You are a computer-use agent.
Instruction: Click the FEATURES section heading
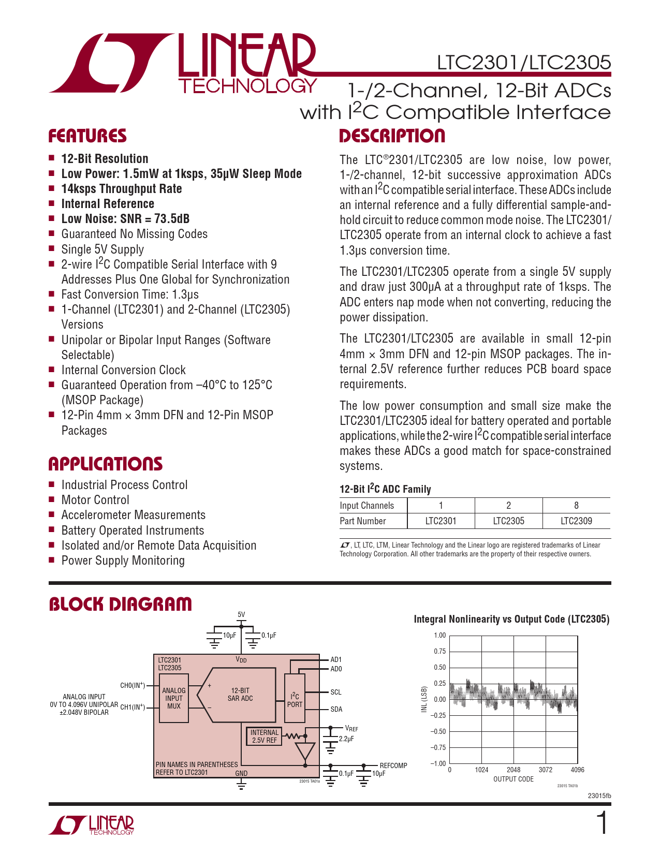87,136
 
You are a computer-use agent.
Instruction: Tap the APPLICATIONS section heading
106,464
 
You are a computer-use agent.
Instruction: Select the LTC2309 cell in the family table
576,521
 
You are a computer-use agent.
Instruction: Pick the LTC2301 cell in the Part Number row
441,521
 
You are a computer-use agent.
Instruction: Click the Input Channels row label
366,506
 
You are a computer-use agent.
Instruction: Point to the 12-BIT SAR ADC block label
240,695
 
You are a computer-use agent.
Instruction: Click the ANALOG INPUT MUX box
174,698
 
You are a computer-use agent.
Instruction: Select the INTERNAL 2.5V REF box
265,736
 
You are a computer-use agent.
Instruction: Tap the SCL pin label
336,692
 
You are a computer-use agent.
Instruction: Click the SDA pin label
336,709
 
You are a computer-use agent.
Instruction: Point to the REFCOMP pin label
393,765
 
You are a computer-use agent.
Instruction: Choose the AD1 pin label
336,659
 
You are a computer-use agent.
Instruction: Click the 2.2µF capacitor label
346,739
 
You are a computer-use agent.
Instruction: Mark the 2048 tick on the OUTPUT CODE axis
514,770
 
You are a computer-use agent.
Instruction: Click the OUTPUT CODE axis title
513,779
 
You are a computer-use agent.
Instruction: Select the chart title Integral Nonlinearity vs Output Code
511,619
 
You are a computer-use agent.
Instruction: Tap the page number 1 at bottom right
603,823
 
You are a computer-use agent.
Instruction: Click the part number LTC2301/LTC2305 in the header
524,63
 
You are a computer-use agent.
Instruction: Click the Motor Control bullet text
95,500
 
